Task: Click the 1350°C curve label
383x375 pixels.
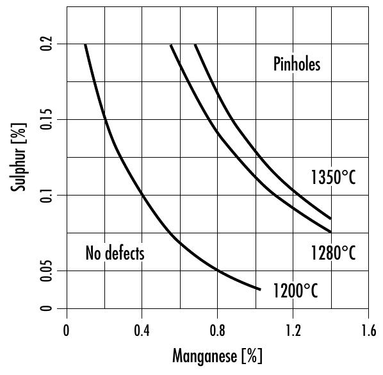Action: click(x=332, y=178)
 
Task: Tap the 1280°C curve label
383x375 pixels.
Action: click(x=332, y=253)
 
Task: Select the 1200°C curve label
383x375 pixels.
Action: click(x=295, y=290)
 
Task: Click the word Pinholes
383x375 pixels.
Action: click(x=297, y=65)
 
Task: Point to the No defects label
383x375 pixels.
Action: click(x=115, y=253)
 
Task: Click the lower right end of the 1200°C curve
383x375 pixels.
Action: click(x=260, y=289)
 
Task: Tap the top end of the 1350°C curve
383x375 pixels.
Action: click(x=195, y=45)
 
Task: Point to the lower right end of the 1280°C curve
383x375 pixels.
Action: click(x=330, y=231)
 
